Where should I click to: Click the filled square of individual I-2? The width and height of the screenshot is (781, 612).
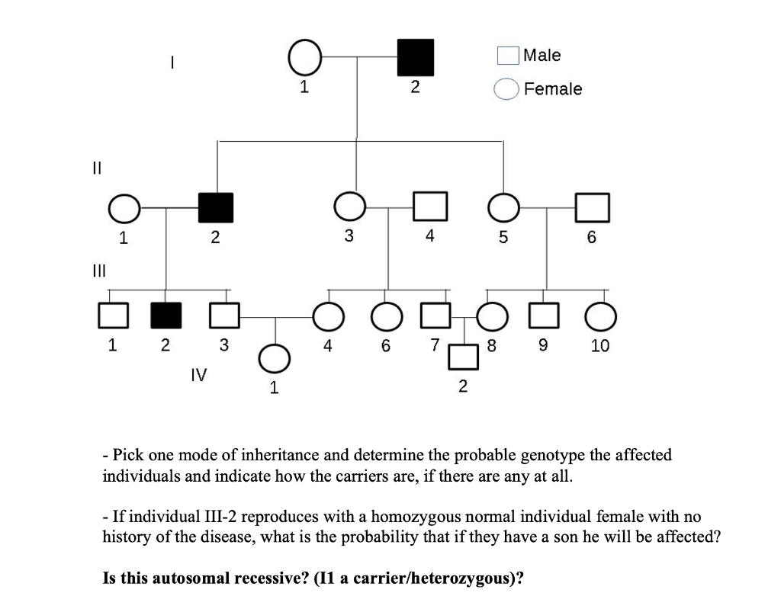coord(416,57)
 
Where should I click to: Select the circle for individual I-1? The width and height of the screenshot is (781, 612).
coord(304,57)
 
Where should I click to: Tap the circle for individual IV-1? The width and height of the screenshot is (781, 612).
coord(275,357)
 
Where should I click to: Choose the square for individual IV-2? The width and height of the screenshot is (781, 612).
coord(462,357)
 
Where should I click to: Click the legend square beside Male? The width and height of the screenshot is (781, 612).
coord(508,56)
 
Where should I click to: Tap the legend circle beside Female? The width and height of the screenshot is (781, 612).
coord(507,89)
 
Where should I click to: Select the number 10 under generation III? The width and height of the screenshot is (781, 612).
coord(599,346)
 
